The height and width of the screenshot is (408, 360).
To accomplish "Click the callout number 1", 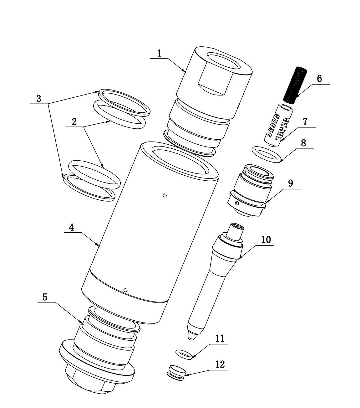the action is (x=159, y=53).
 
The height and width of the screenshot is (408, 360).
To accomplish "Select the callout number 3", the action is (x=39, y=99).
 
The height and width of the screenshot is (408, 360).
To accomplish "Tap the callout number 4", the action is (x=71, y=228).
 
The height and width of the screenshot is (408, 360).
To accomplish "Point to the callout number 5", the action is (x=45, y=297).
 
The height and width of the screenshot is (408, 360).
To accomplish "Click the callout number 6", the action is (x=319, y=79).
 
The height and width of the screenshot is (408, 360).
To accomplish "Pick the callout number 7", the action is (x=305, y=121).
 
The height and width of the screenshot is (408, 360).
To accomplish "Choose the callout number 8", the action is (x=303, y=143).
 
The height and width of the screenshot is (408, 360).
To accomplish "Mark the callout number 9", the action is (x=291, y=183).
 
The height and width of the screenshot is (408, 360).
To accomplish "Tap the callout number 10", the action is (x=266, y=240).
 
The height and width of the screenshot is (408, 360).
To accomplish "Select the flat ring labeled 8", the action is (x=267, y=155).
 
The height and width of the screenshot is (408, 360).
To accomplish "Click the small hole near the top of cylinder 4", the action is (x=165, y=195).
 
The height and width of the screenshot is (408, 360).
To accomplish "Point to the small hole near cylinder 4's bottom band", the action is (x=125, y=290).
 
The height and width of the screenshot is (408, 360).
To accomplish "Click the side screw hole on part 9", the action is (x=238, y=203).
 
